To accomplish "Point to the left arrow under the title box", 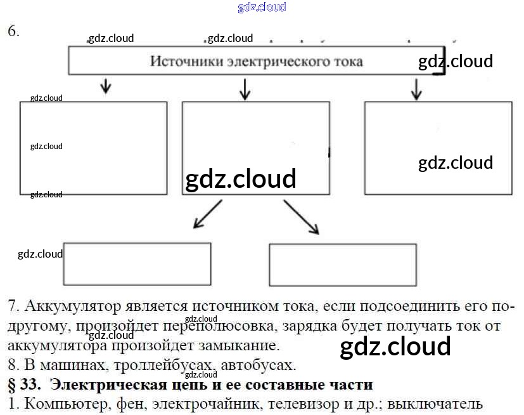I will click(x=106, y=86).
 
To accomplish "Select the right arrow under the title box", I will click(x=416, y=89).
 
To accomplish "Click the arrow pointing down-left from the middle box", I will click(x=207, y=214).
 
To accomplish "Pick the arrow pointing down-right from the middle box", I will click(x=302, y=217).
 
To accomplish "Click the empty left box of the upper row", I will click(x=94, y=148).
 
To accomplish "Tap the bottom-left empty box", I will click(x=137, y=264).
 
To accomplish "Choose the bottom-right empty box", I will click(x=343, y=265).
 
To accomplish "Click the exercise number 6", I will click(x=13, y=30).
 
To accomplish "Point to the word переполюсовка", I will click(x=209, y=327).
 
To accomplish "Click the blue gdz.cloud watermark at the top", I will click(x=262, y=7).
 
